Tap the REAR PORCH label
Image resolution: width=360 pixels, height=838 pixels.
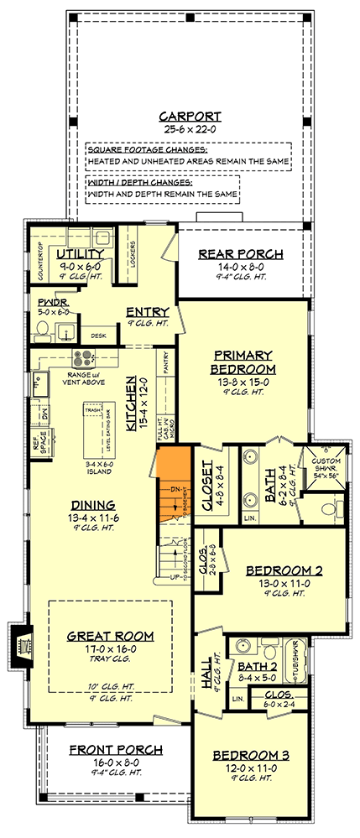pyautogui.click(x=240, y=254)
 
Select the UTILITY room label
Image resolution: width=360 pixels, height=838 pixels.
pyautogui.click(x=81, y=253)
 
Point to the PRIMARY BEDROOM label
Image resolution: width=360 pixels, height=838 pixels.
pyautogui.click(x=244, y=362)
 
